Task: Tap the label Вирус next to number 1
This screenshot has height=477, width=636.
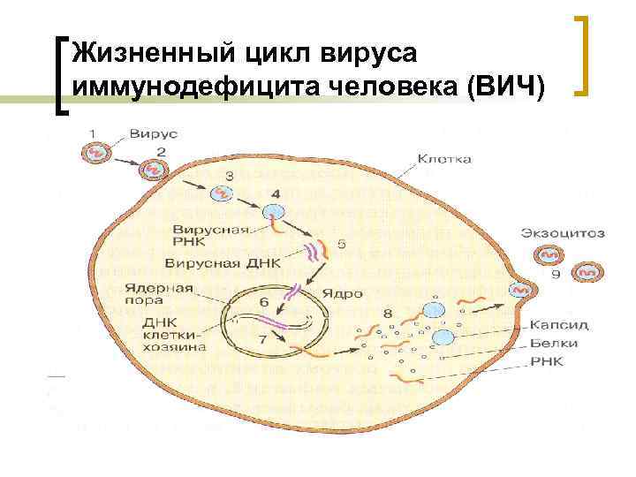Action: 154,133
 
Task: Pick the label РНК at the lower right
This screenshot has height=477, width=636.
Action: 547,362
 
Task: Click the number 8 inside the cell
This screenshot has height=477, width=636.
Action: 388,312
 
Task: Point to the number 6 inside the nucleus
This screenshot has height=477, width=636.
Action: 262,302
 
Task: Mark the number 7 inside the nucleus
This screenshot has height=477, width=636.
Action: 262,340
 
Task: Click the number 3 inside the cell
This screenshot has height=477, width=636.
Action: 229,176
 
